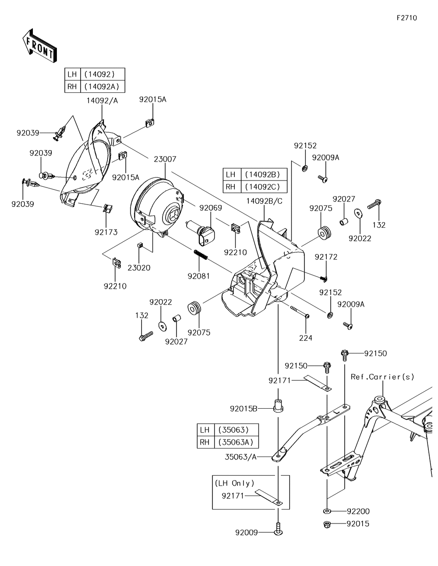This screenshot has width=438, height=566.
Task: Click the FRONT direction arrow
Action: (39, 45)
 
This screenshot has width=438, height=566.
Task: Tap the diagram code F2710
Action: (406, 18)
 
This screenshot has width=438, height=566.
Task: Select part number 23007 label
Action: (165, 159)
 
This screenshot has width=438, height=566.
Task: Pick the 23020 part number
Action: (139, 268)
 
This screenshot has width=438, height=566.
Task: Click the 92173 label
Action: (106, 232)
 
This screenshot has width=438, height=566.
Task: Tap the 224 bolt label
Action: (305, 338)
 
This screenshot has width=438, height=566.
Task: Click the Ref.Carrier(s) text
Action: (382, 377)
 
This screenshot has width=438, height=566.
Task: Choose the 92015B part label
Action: (244, 409)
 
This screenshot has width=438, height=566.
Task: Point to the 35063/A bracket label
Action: (241, 456)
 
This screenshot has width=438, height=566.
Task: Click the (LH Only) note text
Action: (234, 483)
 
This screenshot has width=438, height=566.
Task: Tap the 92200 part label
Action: (358, 511)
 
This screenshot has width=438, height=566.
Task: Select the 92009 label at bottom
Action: (247, 533)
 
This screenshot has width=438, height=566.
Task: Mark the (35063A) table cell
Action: (236, 442)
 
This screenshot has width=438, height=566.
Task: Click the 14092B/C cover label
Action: (264, 201)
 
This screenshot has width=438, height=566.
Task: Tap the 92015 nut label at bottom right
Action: (358, 524)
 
